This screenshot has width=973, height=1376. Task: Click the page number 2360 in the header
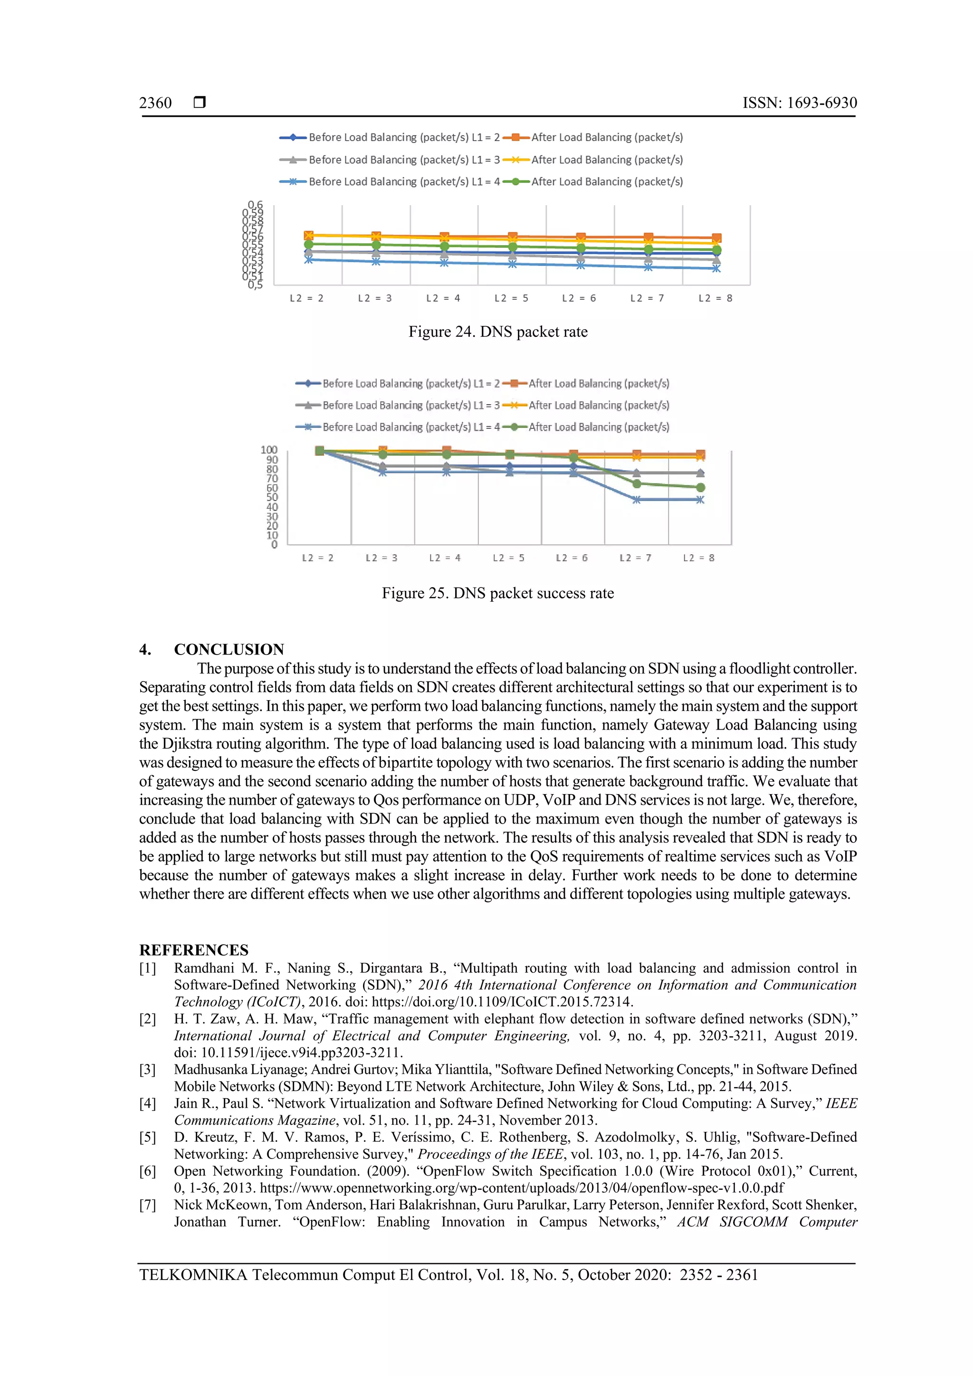click(x=155, y=103)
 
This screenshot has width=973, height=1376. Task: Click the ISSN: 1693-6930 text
click(x=799, y=103)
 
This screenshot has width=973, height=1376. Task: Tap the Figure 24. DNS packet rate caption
click(x=497, y=332)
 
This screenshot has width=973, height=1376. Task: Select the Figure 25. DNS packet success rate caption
click(x=497, y=593)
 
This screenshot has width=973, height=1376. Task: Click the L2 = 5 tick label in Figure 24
click(x=511, y=298)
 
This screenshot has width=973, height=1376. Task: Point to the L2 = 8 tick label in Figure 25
click(x=698, y=558)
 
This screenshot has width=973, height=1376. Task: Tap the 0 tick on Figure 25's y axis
click(x=275, y=545)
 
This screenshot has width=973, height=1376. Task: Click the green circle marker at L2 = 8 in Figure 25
click(x=700, y=488)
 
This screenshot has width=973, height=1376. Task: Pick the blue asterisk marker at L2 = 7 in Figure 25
click(x=637, y=500)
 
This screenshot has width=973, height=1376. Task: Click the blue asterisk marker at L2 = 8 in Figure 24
click(x=716, y=268)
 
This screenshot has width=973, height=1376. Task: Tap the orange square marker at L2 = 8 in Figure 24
click(x=716, y=238)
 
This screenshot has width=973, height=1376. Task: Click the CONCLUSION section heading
click(x=229, y=650)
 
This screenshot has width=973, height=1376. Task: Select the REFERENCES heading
click(x=194, y=950)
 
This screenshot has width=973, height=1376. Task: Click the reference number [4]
click(x=147, y=1104)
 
